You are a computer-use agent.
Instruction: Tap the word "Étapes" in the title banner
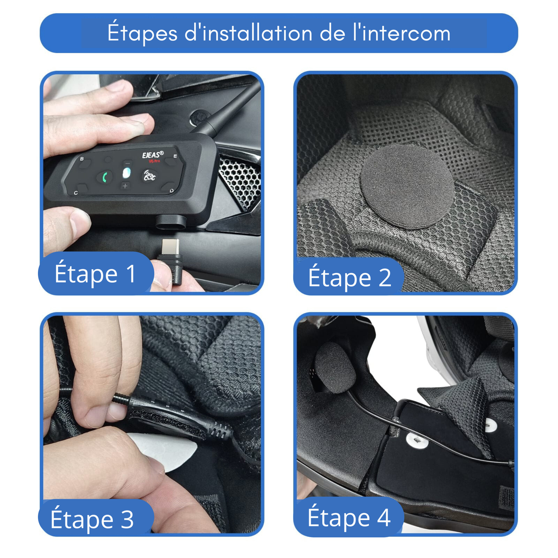[142, 33]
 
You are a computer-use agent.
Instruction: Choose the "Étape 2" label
[350, 278]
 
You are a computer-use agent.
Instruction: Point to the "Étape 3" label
[92, 519]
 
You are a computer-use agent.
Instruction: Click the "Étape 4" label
[349, 517]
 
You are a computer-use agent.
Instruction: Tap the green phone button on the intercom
[105, 177]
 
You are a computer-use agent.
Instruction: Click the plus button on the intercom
[125, 186]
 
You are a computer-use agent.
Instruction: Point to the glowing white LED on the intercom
[127, 173]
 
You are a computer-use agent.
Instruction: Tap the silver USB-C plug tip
[171, 247]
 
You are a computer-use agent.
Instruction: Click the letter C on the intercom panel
[76, 193]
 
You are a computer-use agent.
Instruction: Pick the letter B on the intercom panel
[82, 159]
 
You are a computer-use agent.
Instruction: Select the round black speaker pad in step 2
[407, 186]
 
